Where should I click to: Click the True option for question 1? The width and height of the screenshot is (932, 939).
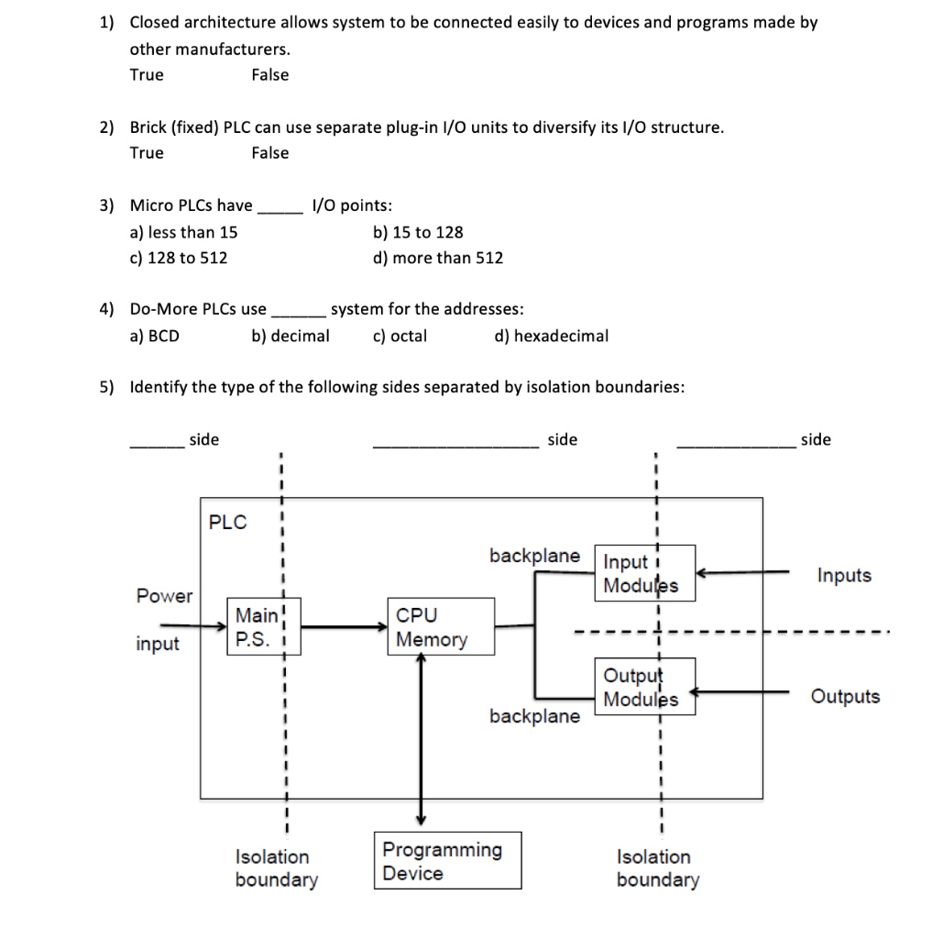click(147, 75)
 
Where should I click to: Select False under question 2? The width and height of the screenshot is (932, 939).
click(269, 153)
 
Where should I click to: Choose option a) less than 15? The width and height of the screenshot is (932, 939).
click(183, 232)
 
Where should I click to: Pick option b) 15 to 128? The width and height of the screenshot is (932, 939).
click(418, 232)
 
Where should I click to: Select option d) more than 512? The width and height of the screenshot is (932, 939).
click(438, 258)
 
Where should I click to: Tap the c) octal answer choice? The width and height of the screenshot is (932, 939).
click(400, 336)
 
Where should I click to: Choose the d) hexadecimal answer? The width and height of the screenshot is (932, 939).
click(551, 336)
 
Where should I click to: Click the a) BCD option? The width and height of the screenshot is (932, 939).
click(155, 336)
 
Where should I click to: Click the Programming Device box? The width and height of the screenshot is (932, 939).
click(447, 861)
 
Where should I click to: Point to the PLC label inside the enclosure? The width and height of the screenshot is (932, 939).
click(227, 523)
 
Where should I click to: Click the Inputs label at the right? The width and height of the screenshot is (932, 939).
click(844, 576)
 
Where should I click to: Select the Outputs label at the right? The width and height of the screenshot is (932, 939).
click(844, 697)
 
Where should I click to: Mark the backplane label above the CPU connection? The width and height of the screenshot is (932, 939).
click(534, 556)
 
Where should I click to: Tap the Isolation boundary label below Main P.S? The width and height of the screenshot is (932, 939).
click(275, 868)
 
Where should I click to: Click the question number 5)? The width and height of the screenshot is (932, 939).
click(107, 387)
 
